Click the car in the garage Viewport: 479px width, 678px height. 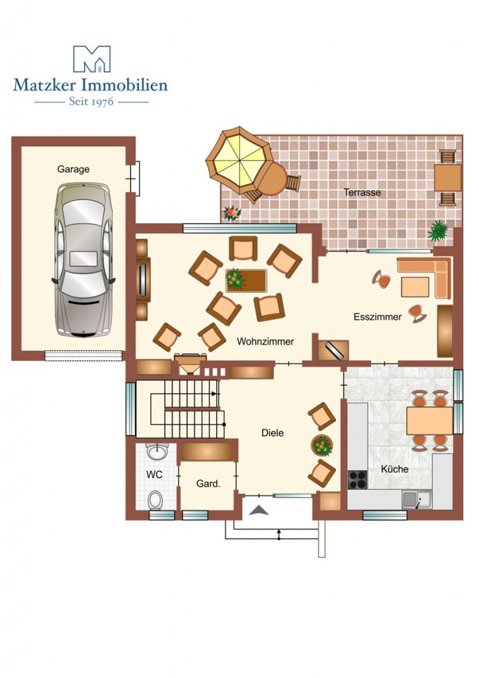point(83,260)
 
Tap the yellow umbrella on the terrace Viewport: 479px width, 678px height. point(238,160)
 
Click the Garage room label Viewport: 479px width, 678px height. point(73,169)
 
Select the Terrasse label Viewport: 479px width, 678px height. point(362,193)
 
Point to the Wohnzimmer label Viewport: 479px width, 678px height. point(265,342)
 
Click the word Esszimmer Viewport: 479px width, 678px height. point(378,317)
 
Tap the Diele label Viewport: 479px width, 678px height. point(273,433)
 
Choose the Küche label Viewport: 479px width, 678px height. point(395,469)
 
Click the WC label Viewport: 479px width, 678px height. point(154,475)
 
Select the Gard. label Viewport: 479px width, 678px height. point(208,484)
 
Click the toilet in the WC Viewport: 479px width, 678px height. point(155,499)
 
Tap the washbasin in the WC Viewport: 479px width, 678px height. point(156,452)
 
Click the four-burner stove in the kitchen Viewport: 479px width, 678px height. point(358,479)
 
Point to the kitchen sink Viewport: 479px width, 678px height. point(417,500)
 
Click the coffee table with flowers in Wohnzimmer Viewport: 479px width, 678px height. point(245,281)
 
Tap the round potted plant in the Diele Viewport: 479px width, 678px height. point(322,446)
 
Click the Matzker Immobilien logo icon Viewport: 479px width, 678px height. point(91,59)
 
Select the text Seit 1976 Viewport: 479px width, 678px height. point(91,101)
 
